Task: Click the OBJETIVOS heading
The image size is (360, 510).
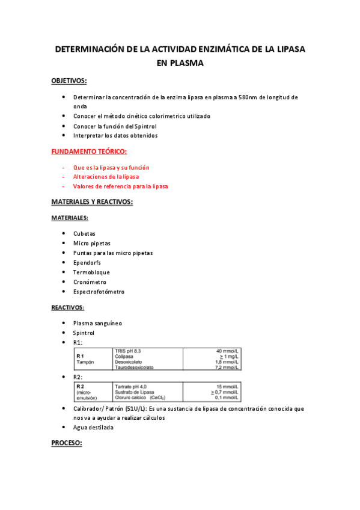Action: tap(69, 80)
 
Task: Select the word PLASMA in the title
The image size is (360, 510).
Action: tap(180, 62)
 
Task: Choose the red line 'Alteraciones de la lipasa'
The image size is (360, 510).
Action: tap(106, 177)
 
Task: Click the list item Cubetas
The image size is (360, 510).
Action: tap(84, 234)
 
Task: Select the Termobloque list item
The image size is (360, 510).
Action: tap(91, 272)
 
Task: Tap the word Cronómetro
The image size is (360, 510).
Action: tap(90, 282)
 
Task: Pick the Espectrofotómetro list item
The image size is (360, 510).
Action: tap(99, 292)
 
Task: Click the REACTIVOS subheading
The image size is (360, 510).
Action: tap(67, 307)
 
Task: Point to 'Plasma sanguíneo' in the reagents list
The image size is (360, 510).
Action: tap(97, 323)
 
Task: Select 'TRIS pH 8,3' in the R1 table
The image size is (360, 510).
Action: tap(127, 350)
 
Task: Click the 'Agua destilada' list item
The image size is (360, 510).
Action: tap(93, 428)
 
